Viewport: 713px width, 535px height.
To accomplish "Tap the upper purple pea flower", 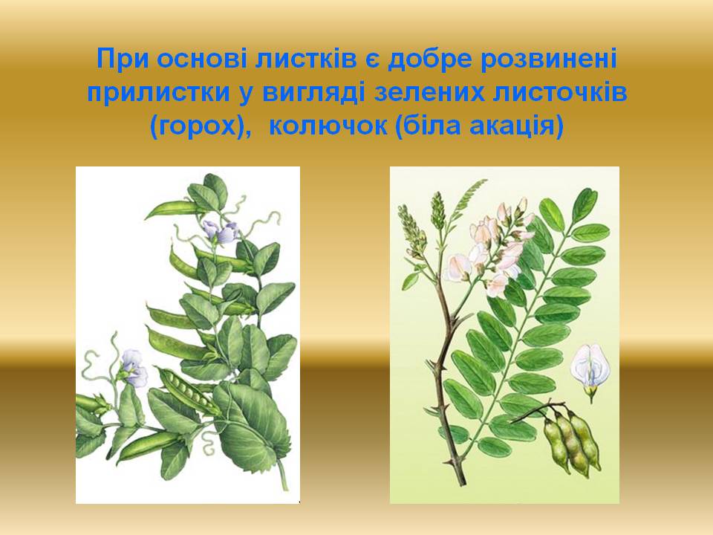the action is tap(221, 232).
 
